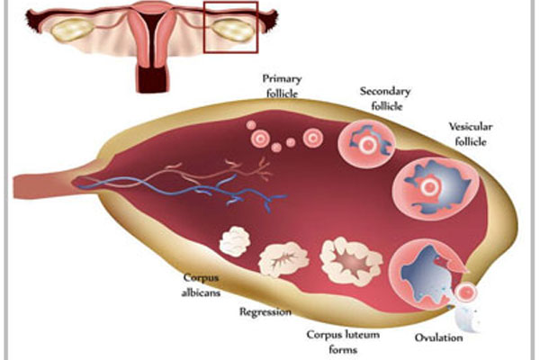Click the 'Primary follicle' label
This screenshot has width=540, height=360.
(x=282, y=85)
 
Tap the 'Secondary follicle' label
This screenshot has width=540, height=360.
(x=386, y=98)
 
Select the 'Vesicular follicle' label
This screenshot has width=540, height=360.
(x=471, y=134)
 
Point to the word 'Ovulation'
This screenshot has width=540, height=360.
(x=439, y=337)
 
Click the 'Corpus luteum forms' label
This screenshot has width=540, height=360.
(x=343, y=342)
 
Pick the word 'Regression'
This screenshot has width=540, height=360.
(x=265, y=312)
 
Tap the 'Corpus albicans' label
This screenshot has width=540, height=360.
(x=201, y=285)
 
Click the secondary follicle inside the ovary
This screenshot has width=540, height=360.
(x=366, y=144)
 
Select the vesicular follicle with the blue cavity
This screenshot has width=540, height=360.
(x=436, y=188)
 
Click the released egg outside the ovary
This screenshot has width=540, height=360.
(x=466, y=292)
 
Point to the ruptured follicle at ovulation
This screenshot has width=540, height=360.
(x=427, y=274)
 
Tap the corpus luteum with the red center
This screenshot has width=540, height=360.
(x=351, y=261)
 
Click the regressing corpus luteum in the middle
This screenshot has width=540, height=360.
(x=283, y=259)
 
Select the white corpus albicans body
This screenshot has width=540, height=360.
(x=235, y=241)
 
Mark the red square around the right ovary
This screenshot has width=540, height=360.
(x=204, y=27)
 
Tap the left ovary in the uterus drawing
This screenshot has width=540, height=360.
(x=72, y=30)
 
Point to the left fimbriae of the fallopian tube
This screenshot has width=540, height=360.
(x=35, y=22)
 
